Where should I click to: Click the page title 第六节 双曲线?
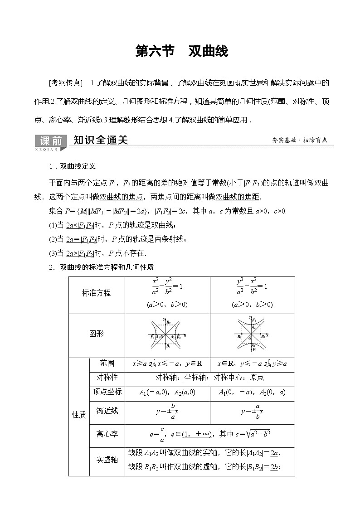pyautogui.click(x=182, y=51)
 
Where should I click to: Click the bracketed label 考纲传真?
pyautogui.click(x=65, y=83)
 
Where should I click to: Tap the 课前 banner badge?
pyautogui.click(x=51, y=141)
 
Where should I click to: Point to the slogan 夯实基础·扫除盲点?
pyautogui.click(x=300, y=141)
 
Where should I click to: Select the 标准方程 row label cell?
pyautogui.click(x=96, y=293)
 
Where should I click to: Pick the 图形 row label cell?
pyautogui.click(x=96, y=334)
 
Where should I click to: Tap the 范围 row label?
pyautogui.click(x=107, y=364)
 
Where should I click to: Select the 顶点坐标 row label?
pyautogui.click(x=107, y=392)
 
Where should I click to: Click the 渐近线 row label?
pyautogui.click(x=107, y=411)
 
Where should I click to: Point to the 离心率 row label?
pyautogui.click(x=107, y=434)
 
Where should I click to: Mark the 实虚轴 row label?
pyautogui.click(x=107, y=460)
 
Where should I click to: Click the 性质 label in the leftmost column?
pyautogui.click(x=79, y=415)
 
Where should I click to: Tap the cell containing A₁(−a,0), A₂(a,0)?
pyautogui.click(x=167, y=393)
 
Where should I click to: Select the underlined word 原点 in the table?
pyautogui.click(x=257, y=378)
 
